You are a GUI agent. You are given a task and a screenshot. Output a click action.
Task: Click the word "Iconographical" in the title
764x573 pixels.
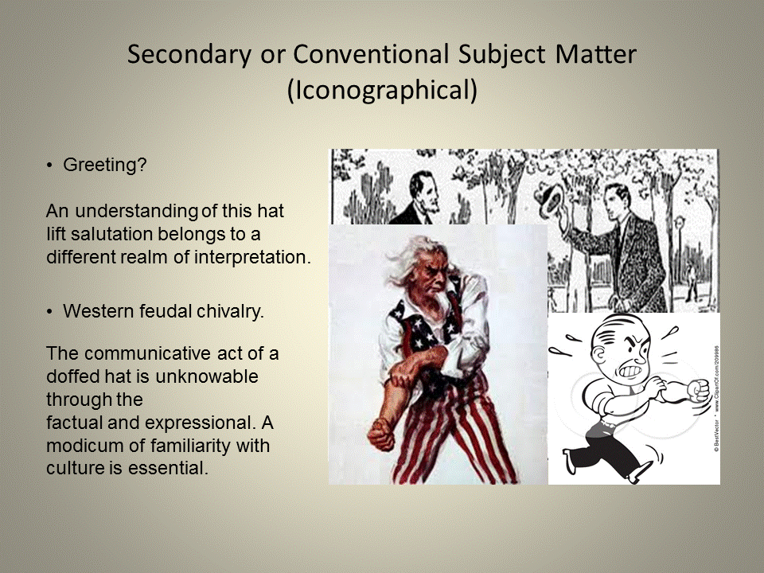[x=382, y=89]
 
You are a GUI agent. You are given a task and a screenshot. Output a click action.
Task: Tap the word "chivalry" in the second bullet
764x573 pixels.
[x=233, y=311]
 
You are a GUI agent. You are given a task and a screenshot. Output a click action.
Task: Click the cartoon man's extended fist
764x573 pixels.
[x=699, y=390]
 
